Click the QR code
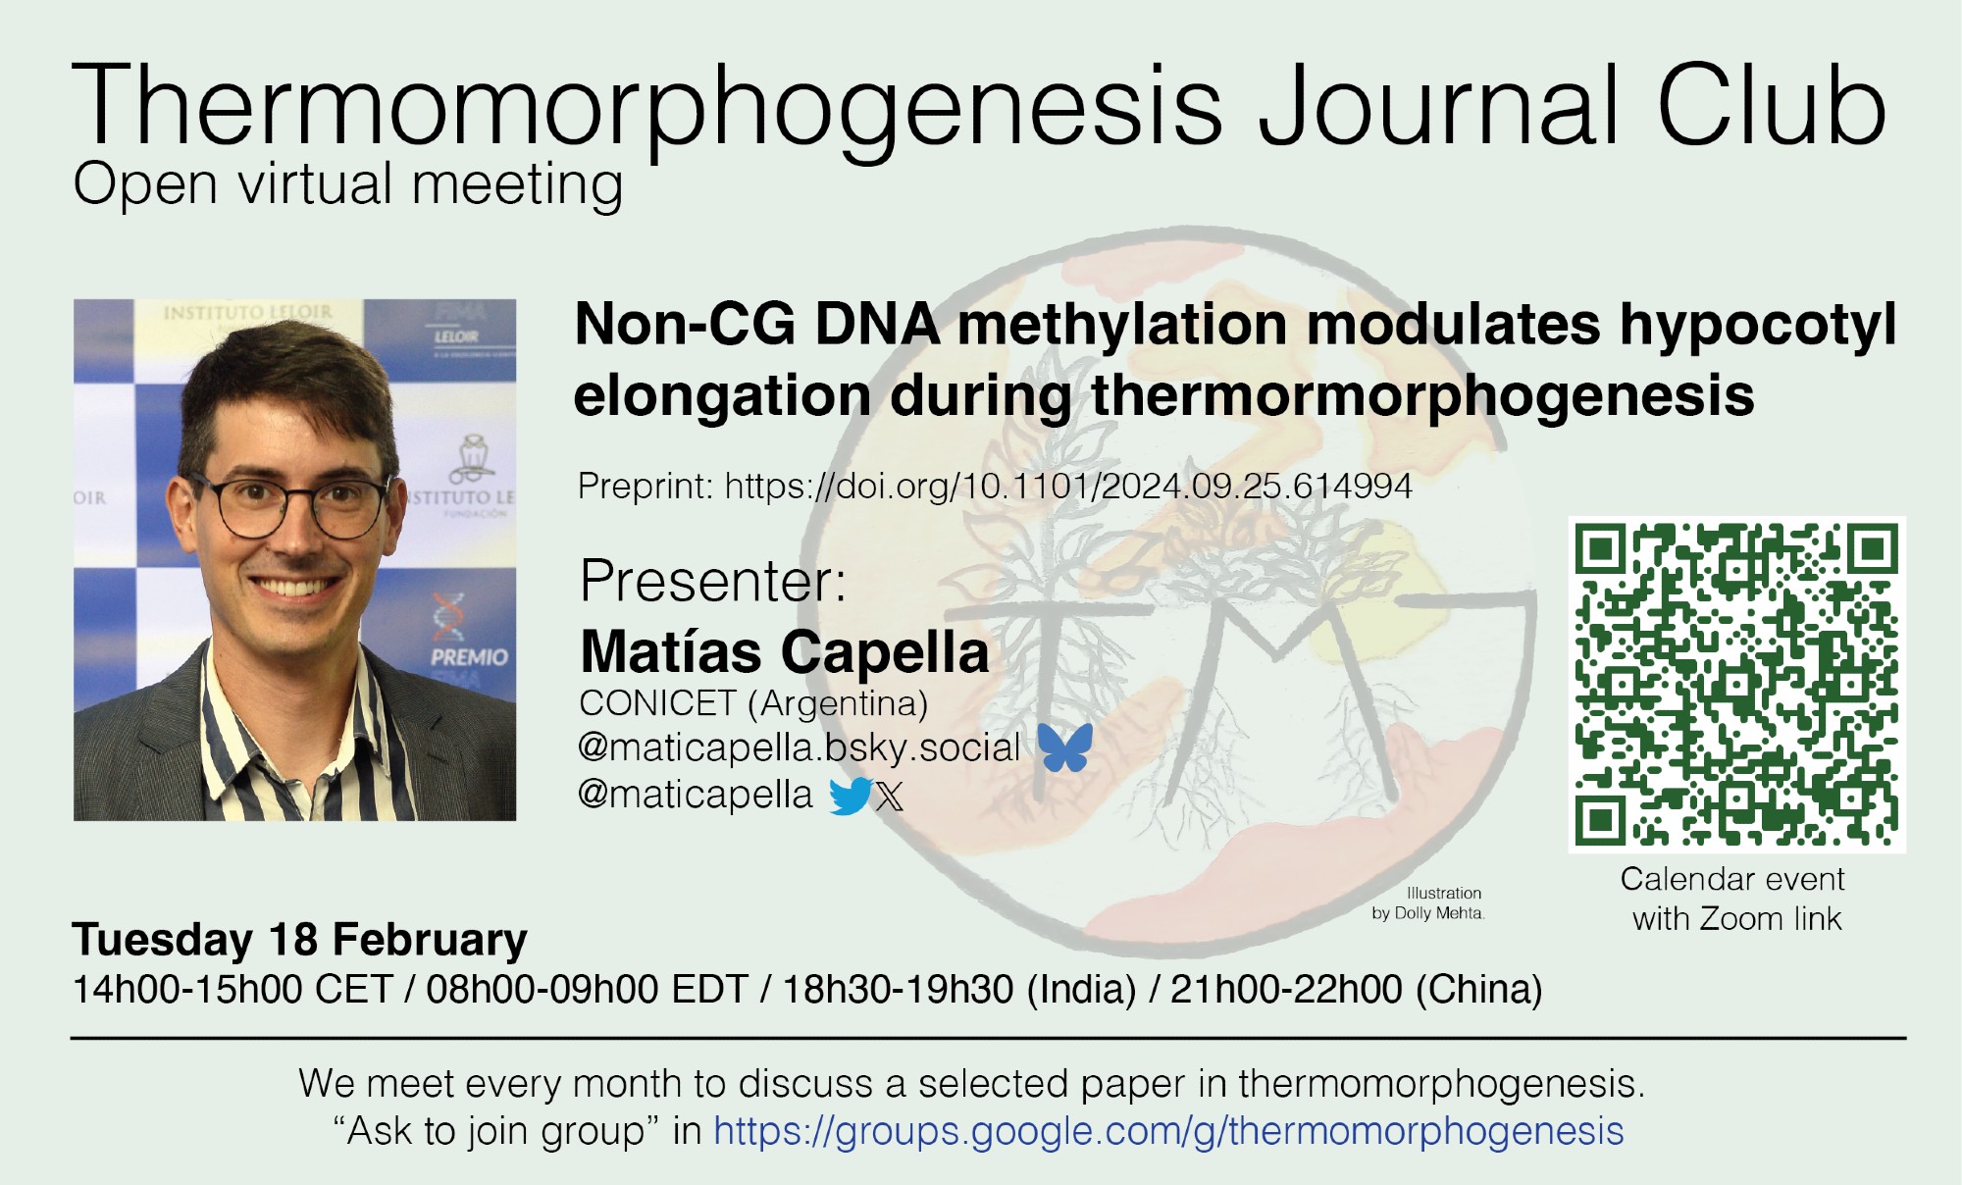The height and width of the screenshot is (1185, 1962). [1736, 684]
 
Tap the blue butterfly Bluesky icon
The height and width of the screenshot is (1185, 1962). [1064, 747]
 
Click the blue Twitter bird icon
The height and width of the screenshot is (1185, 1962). [850, 796]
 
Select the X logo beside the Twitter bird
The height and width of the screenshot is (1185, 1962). [889, 796]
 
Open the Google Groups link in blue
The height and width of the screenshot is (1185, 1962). [1168, 1131]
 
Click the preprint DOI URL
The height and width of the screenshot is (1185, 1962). [1068, 486]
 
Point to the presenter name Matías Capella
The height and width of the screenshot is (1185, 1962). [785, 651]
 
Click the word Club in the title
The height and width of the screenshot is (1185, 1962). [1772, 106]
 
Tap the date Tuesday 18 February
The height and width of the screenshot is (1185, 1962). [299, 939]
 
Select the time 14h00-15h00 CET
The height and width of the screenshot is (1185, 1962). [232, 989]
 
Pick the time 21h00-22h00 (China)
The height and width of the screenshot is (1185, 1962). [1356, 989]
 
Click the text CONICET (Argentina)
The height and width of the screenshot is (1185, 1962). [753, 702]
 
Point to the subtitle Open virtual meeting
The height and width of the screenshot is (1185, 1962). [348, 184]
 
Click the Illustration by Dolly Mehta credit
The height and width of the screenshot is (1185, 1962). [1429, 903]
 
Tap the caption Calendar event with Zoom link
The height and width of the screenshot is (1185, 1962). [1733, 899]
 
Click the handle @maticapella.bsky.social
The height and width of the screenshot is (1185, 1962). [800, 747]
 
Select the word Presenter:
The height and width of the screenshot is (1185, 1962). [713, 581]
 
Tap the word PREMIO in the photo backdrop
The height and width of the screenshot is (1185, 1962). [469, 656]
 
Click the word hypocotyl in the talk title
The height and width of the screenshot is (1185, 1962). [1758, 325]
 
